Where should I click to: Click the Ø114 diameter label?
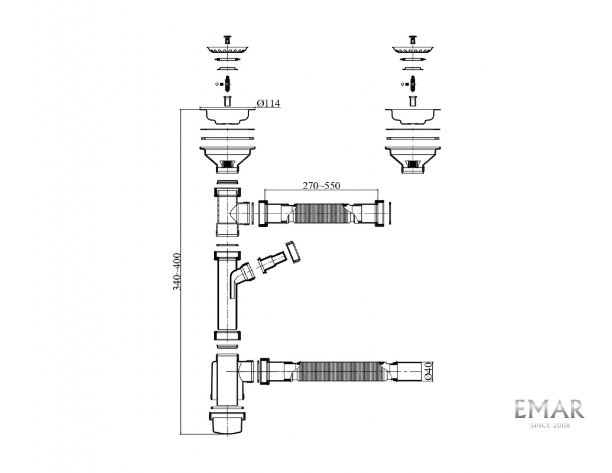tap(268, 103)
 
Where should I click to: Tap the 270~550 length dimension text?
tap(321, 186)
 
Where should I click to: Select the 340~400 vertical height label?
tap(177, 271)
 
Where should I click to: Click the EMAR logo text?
tap(549, 409)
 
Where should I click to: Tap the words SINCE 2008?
tap(549, 425)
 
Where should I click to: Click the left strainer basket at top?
tap(227, 50)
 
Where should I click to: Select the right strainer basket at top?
tap(413, 50)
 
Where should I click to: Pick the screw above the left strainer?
tap(227, 40)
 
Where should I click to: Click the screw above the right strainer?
tap(413, 40)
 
